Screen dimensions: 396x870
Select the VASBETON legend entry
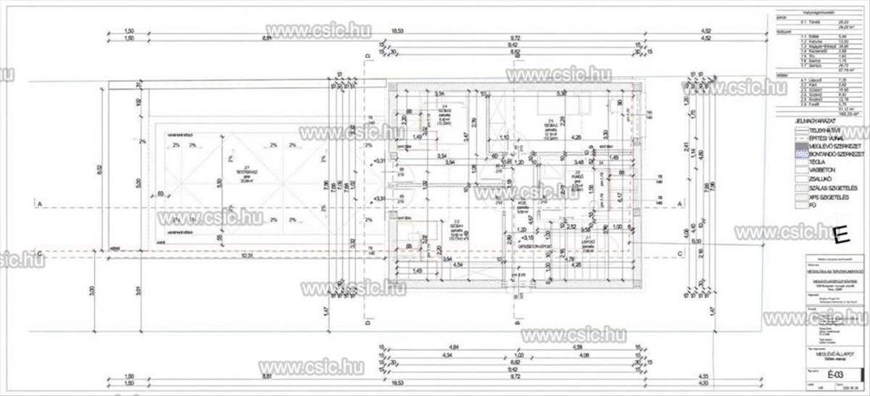[822, 170]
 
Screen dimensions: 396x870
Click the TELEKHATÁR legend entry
[824, 130]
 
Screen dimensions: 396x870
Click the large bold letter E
[842, 236]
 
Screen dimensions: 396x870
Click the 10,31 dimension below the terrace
[247, 255]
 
